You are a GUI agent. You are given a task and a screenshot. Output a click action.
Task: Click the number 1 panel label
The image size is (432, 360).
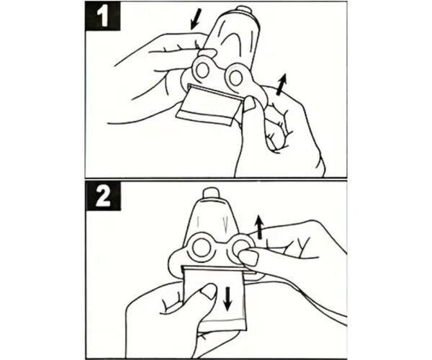[102, 17]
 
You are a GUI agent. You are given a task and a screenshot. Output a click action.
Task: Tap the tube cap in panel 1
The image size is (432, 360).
[244, 9]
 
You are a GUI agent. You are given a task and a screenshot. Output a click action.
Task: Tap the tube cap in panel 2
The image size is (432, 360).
[210, 193]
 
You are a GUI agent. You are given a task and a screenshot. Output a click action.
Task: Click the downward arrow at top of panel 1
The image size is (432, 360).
[196, 19]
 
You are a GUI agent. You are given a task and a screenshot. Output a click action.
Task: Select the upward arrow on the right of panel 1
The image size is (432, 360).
[282, 84]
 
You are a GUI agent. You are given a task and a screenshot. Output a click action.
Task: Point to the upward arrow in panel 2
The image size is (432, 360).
[258, 228]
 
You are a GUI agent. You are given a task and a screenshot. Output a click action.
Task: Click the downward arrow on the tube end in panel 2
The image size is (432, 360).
[228, 298]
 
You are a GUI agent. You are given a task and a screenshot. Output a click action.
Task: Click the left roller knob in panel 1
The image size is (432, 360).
[202, 71]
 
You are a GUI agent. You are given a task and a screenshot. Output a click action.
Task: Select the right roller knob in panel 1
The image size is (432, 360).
[235, 77]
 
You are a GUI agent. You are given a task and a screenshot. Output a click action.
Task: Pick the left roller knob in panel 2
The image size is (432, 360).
[199, 248]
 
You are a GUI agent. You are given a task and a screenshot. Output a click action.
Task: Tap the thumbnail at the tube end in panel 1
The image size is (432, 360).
[250, 104]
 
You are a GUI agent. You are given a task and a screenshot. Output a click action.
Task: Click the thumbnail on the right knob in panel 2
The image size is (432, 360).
[248, 258]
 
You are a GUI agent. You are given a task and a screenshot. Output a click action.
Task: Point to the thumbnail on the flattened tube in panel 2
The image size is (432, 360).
[209, 292]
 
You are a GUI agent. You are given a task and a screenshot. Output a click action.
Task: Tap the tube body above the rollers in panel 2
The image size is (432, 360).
[212, 217]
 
